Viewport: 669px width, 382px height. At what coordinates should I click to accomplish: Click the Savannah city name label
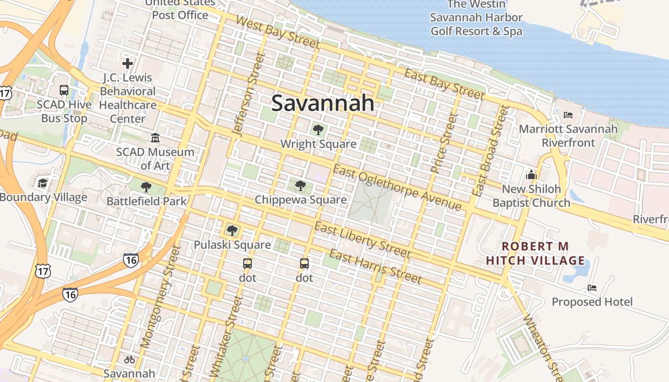(323, 103)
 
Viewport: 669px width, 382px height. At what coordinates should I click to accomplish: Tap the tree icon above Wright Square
(318, 129)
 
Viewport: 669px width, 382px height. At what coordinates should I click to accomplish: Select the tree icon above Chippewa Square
(300, 185)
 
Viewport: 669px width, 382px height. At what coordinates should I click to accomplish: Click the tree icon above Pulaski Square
(232, 231)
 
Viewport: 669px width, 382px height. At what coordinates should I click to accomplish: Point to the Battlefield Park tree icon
(146, 187)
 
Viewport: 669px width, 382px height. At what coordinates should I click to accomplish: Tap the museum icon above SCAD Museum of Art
(155, 138)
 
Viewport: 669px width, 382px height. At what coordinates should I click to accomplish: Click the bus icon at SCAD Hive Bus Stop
(64, 90)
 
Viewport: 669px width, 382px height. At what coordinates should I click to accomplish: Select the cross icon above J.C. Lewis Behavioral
(128, 63)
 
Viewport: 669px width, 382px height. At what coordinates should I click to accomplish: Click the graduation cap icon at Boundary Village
(43, 183)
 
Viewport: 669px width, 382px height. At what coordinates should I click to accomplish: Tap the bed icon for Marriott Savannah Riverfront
(568, 115)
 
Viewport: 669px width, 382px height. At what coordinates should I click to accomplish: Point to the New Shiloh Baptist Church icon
(531, 175)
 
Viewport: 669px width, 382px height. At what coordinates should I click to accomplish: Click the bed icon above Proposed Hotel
(592, 287)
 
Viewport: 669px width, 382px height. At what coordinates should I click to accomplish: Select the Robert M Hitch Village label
(535, 254)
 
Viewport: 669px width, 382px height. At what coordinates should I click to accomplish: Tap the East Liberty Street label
(363, 240)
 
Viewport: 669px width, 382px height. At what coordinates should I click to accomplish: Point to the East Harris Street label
(376, 266)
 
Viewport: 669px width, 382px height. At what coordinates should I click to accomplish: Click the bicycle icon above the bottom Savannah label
(129, 360)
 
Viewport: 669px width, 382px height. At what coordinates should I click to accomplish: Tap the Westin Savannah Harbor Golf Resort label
(476, 18)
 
